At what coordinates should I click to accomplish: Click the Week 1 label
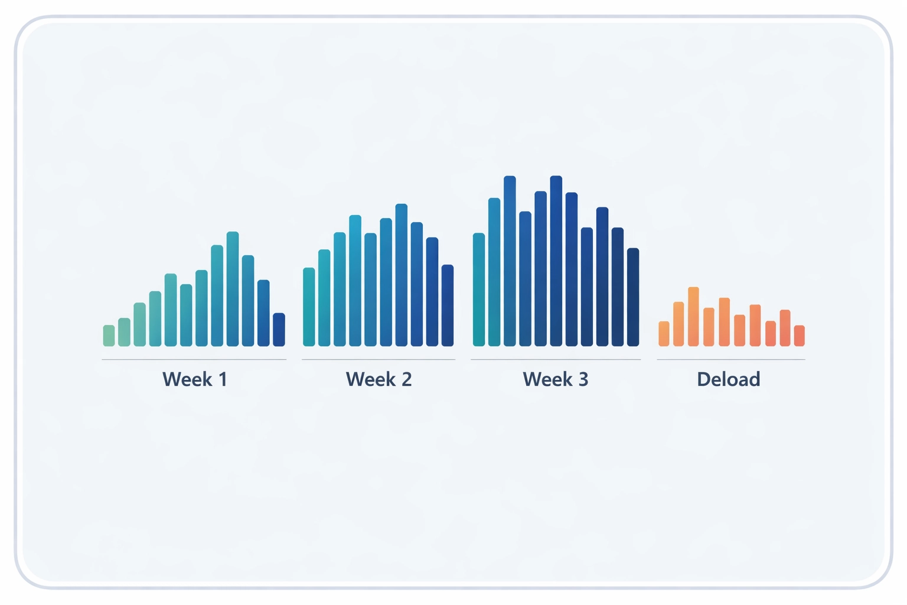pyautogui.click(x=195, y=379)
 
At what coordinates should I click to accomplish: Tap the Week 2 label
pyautogui.click(x=379, y=379)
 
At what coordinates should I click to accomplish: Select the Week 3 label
pyautogui.click(x=555, y=379)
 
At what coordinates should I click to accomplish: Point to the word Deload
pyautogui.click(x=728, y=379)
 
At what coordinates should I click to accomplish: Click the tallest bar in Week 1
pyautogui.click(x=233, y=289)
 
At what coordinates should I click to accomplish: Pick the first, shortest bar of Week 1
pyautogui.click(x=109, y=336)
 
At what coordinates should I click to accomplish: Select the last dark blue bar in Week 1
pyautogui.click(x=279, y=330)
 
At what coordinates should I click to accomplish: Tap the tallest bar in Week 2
pyautogui.click(x=402, y=275)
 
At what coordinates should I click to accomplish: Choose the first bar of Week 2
pyautogui.click(x=309, y=307)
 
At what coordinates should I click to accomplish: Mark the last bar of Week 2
pyautogui.click(x=448, y=305)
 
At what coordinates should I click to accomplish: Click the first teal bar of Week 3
pyautogui.click(x=479, y=290)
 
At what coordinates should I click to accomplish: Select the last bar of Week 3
pyautogui.click(x=633, y=297)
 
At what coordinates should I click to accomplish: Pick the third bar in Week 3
pyautogui.click(x=510, y=261)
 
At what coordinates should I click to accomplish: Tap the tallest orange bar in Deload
pyautogui.click(x=694, y=317)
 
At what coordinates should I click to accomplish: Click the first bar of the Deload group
pyautogui.click(x=664, y=334)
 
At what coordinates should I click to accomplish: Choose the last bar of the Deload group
pyautogui.click(x=800, y=336)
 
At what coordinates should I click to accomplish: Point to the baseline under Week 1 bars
pyautogui.click(x=194, y=359)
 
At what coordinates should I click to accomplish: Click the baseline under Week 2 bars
pyautogui.click(x=379, y=359)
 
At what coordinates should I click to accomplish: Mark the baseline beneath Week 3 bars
pyautogui.click(x=556, y=359)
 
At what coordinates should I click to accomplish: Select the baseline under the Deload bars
pyautogui.click(x=731, y=359)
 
